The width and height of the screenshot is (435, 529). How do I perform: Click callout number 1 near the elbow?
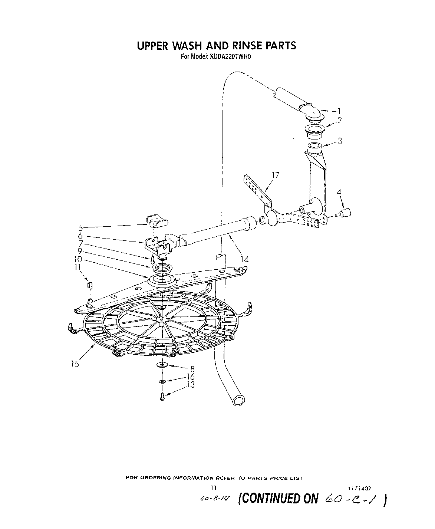pyautogui.click(x=339, y=111)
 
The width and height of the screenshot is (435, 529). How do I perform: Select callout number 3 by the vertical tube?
pyautogui.click(x=339, y=141)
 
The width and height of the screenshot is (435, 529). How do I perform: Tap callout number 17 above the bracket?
pyautogui.click(x=275, y=175)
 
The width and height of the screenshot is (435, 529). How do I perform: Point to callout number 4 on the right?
pyautogui.click(x=338, y=192)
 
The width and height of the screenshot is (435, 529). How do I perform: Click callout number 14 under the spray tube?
pyautogui.click(x=244, y=259)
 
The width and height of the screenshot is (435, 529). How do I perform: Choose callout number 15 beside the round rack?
pyautogui.click(x=75, y=364)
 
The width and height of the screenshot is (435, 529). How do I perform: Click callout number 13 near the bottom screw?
pyautogui.click(x=191, y=384)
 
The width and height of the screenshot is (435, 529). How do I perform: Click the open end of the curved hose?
pyautogui.click(x=238, y=401)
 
